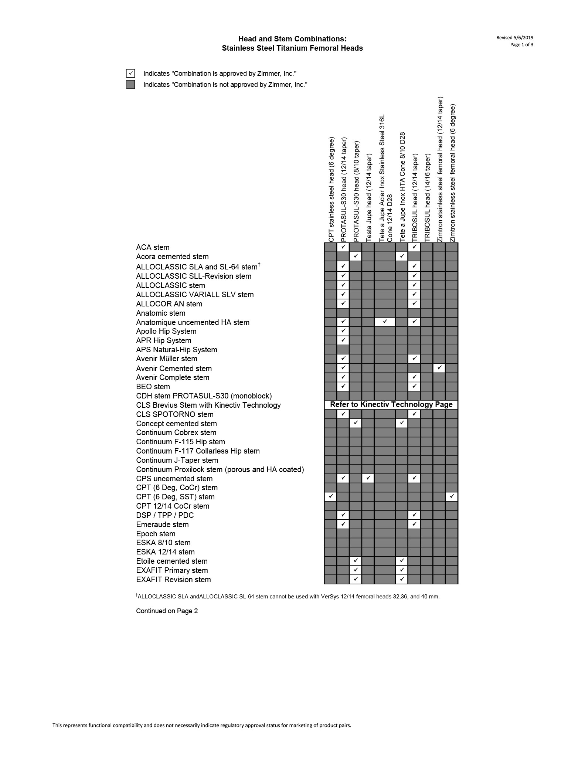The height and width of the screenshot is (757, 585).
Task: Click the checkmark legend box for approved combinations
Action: click(130, 74)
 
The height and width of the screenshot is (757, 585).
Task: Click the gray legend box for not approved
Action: click(130, 85)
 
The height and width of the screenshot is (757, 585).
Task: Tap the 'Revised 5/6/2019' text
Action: click(515, 37)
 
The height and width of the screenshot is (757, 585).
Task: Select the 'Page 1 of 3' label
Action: click(522, 45)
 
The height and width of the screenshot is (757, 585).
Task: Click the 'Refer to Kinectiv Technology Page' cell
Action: click(391, 405)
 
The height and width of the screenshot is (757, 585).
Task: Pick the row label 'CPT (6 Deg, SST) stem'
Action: click(175, 497)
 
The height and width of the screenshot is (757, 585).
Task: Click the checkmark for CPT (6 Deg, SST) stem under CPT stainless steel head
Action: click(330, 496)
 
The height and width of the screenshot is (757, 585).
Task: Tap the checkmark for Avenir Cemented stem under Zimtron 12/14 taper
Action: click(439, 368)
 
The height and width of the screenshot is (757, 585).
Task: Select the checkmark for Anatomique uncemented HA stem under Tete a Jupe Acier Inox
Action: click(385, 322)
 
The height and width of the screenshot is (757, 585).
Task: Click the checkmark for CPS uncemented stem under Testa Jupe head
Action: click(368, 478)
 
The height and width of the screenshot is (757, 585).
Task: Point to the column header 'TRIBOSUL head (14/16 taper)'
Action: click(427, 198)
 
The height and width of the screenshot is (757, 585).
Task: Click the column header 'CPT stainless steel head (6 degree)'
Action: click(331, 190)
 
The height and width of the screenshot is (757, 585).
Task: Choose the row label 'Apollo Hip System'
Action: click(166, 332)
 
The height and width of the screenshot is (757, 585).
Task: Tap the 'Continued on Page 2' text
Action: click(167, 611)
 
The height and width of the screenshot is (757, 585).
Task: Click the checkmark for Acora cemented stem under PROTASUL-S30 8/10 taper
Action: click(355, 256)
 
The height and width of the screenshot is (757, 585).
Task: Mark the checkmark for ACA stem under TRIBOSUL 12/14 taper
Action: click(414, 247)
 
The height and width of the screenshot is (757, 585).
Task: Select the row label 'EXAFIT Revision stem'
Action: click(173, 580)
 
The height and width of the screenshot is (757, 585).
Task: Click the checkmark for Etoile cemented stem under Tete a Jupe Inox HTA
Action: click(402, 561)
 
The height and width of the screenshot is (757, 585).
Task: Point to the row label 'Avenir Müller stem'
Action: click(166, 359)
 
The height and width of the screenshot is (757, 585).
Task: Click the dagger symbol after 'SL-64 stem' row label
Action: click(259, 264)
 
